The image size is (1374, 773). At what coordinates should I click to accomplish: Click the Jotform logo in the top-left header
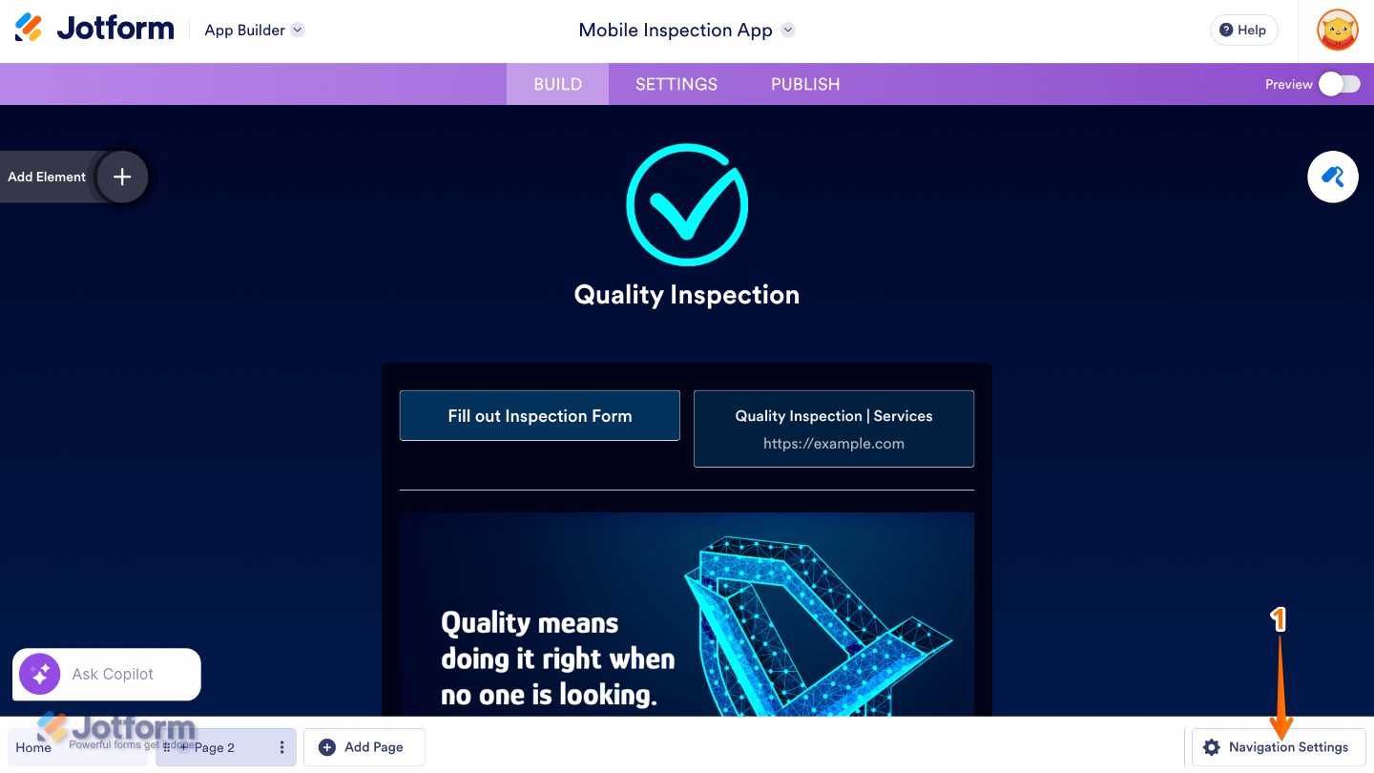(x=94, y=29)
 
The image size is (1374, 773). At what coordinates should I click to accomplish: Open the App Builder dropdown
(x=254, y=31)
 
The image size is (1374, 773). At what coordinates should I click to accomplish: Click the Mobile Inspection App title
(x=676, y=31)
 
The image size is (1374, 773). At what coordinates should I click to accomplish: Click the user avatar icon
(x=1338, y=31)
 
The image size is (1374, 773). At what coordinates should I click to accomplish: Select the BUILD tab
(x=557, y=84)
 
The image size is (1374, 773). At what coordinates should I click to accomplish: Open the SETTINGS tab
(x=677, y=84)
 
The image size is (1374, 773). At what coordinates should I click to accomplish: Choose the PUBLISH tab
(x=805, y=84)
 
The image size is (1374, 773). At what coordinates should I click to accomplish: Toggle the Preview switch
(x=1339, y=84)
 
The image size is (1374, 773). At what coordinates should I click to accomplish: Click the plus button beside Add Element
(x=122, y=177)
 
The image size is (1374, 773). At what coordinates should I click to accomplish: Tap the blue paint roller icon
(x=1333, y=177)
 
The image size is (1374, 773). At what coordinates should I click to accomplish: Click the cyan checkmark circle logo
(x=687, y=204)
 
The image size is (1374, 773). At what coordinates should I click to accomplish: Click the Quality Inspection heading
(x=687, y=295)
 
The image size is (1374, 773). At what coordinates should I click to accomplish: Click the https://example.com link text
(x=834, y=444)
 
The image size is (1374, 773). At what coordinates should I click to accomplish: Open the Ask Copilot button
(x=107, y=674)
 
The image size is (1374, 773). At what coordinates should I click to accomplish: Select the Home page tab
(x=34, y=747)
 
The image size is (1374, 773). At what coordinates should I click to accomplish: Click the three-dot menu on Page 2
(x=281, y=747)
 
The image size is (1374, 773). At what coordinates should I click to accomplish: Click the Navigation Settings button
(x=1279, y=747)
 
